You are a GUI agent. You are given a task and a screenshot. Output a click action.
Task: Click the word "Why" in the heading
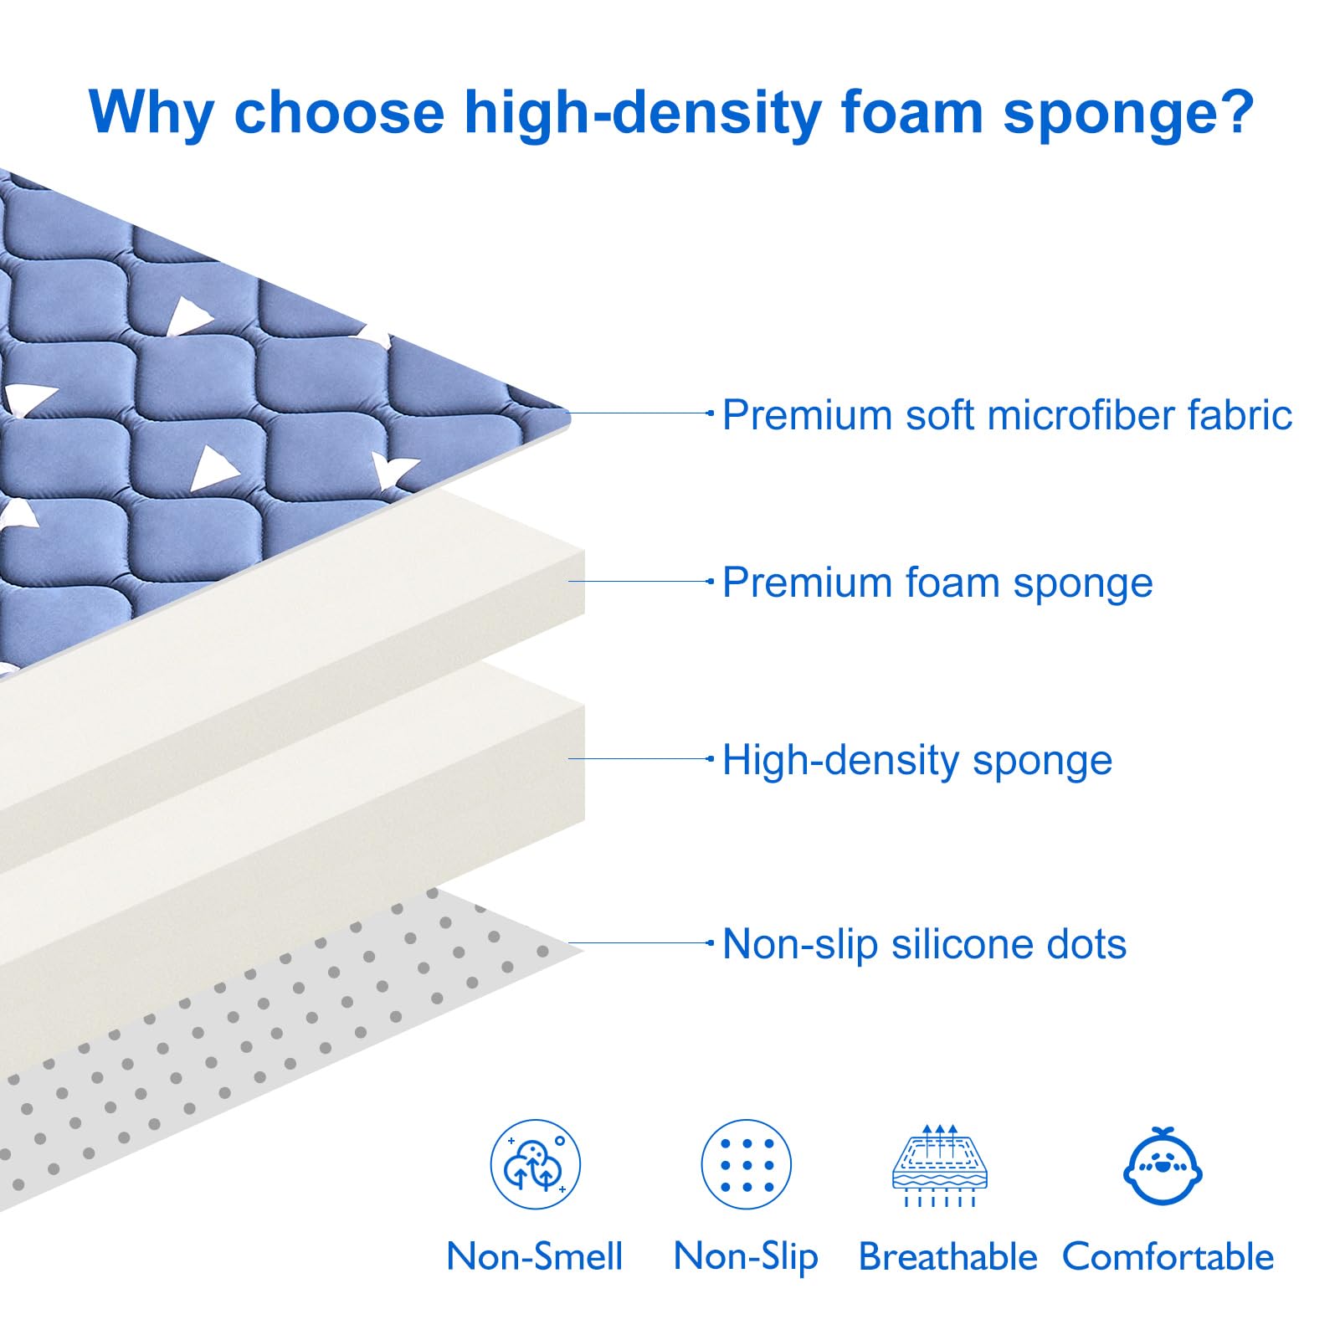tap(151, 111)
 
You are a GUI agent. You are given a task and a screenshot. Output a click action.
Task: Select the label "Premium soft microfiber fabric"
tap(1007, 415)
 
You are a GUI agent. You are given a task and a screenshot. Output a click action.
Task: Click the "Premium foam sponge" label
tap(937, 583)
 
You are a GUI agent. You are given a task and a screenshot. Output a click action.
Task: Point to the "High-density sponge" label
tap(917, 760)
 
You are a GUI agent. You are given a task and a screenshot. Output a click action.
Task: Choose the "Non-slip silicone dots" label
tap(924, 944)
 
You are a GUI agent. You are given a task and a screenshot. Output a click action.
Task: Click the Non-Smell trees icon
tap(535, 1164)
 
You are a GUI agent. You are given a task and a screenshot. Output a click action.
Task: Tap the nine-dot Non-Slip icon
tap(747, 1164)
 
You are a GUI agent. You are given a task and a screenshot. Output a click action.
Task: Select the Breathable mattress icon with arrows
tap(940, 1165)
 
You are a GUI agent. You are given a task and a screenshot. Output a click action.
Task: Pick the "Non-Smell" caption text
tap(535, 1256)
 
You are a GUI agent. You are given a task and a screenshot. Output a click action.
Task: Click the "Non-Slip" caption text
tap(746, 1256)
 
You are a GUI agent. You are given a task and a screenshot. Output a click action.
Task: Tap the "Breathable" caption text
tap(947, 1256)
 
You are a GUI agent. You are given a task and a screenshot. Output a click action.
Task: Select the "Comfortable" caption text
tap(1168, 1256)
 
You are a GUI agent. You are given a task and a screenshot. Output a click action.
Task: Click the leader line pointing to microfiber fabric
tap(640, 413)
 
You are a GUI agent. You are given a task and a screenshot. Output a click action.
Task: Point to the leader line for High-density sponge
tap(640, 758)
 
